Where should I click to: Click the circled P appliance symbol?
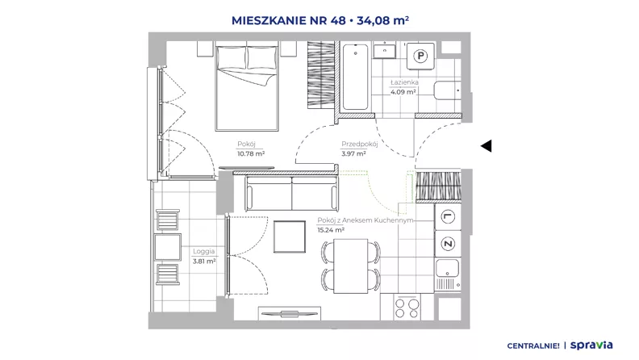[x=420, y=56]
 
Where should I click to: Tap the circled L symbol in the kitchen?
[x=448, y=217]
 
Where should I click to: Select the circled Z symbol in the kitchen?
[x=448, y=244]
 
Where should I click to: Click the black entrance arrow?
[x=487, y=145]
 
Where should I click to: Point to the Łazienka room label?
[x=404, y=82]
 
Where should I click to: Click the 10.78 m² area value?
[x=251, y=153]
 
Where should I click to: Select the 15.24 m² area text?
[x=331, y=230]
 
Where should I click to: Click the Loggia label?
[x=204, y=252]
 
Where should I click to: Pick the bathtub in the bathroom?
[x=355, y=77]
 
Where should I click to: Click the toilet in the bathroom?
[x=448, y=90]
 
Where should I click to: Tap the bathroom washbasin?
[x=384, y=50]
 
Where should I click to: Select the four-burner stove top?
[x=407, y=308]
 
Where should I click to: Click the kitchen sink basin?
[x=447, y=269]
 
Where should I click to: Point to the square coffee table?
[x=290, y=237]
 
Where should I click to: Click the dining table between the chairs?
[x=350, y=266]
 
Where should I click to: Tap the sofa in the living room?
[x=292, y=192]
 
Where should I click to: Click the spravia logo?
[x=591, y=345]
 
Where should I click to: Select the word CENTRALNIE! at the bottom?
[x=533, y=346]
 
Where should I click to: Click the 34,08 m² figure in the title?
[x=383, y=20]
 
